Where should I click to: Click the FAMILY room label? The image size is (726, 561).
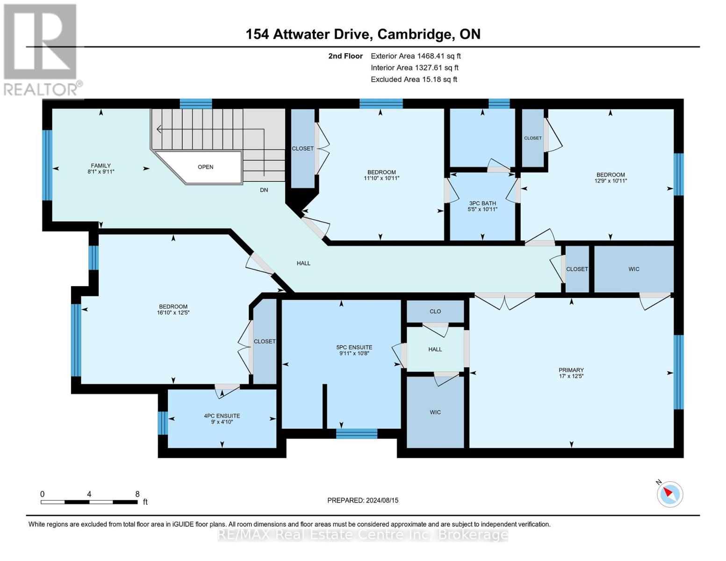[101, 165]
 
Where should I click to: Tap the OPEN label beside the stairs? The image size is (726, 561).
[205, 167]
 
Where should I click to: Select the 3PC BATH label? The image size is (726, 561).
[482, 203]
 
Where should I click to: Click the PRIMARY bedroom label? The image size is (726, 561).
[571, 370]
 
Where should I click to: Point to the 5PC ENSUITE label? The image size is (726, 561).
[354, 347]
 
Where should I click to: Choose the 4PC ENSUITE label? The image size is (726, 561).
[222, 416]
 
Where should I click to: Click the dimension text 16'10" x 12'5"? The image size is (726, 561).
[173, 313]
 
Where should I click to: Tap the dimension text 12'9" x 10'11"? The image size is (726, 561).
[610, 181]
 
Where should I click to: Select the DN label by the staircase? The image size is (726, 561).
[264, 190]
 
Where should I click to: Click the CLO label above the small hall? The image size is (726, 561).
[435, 311]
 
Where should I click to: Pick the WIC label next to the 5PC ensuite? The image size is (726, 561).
[435, 412]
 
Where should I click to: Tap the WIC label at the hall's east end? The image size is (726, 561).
[633, 269]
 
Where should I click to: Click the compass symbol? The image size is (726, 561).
[670, 494]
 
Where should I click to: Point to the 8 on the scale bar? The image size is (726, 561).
[137, 494]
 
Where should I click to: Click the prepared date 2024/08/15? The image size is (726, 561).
[382, 500]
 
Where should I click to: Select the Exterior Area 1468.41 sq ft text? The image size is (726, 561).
[416, 56]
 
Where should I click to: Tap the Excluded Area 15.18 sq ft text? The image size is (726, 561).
[414, 79]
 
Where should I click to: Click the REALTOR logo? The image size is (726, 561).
[41, 50]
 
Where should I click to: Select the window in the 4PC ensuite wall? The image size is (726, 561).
[163, 423]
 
